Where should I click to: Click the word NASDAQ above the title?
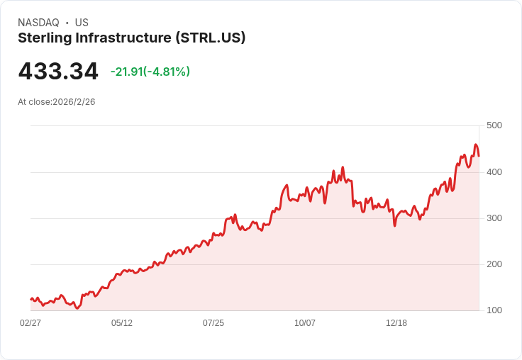pyautogui.click(x=38, y=23)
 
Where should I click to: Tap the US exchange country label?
pyautogui.click(x=82, y=23)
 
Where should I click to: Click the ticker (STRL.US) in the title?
pyautogui.click(x=211, y=38)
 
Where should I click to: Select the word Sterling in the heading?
pyautogui.click(x=45, y=38)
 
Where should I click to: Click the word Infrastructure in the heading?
pyautogui.click(x=123, y=38)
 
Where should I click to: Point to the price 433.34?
pyautogui.click(x=58, y=72)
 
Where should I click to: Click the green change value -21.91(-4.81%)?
pyautogui.click(x=150, y=72)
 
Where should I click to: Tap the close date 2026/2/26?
pyautogui.click(x=74, y=102)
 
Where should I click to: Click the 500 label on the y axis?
pyautogui.click(x=494, y=125)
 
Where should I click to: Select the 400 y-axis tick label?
pyautogui.click(x=494, y=172)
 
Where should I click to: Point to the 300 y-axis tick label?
pyautogui.click(x=494, y=218)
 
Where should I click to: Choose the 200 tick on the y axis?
pyautogui.click(x=494, y=264)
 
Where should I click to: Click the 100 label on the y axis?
pyautogui.click(x=494, y=310)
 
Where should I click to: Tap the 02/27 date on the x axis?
pyautogui.click(x=30, y=323)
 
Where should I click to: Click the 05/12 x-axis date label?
pyautogui.click(x=122, y=323)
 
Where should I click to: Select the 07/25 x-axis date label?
pyautogui.click(x=213, y=323)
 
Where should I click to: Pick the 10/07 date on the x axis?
pyautogui.click(x=305, y=323)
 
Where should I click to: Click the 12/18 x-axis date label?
pyautogui.click(x=396, y=323)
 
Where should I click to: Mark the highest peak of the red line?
pyautogui.click(x=476, y=145)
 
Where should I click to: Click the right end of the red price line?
pyautogui.click(x=479, y=156)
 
